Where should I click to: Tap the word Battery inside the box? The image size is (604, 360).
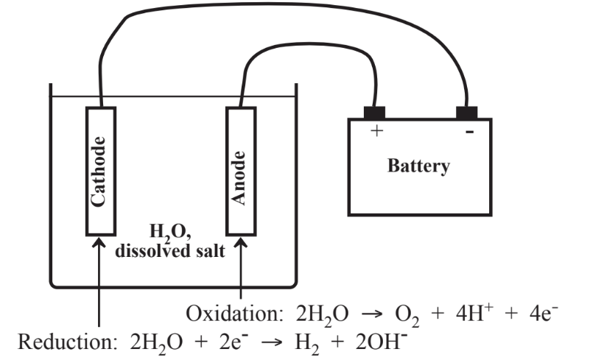tap(418, 166)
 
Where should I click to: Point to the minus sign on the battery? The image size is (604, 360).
tap(468, 132)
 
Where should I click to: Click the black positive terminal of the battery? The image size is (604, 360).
tap(375, 113)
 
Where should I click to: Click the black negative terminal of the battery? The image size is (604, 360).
tap(466, 113)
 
